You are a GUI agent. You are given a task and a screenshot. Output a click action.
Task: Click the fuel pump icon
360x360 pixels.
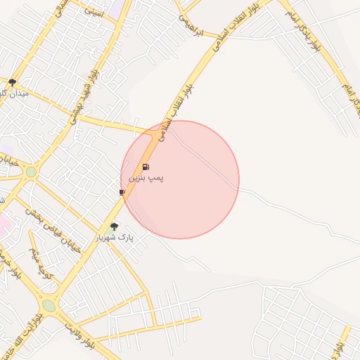146,167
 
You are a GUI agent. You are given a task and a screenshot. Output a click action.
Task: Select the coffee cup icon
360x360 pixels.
122,191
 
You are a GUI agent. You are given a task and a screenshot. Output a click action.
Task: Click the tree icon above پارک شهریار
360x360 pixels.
114,226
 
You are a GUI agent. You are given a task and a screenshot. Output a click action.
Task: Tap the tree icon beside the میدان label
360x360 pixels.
12,82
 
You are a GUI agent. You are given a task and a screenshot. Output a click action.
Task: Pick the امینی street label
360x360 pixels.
94,12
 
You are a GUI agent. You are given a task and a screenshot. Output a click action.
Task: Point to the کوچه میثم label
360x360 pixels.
40,261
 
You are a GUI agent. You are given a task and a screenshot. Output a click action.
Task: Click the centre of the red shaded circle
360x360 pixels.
180,179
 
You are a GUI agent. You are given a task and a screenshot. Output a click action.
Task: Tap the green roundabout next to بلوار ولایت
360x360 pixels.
49,305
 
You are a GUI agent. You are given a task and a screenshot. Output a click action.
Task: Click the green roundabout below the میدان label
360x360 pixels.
31,172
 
